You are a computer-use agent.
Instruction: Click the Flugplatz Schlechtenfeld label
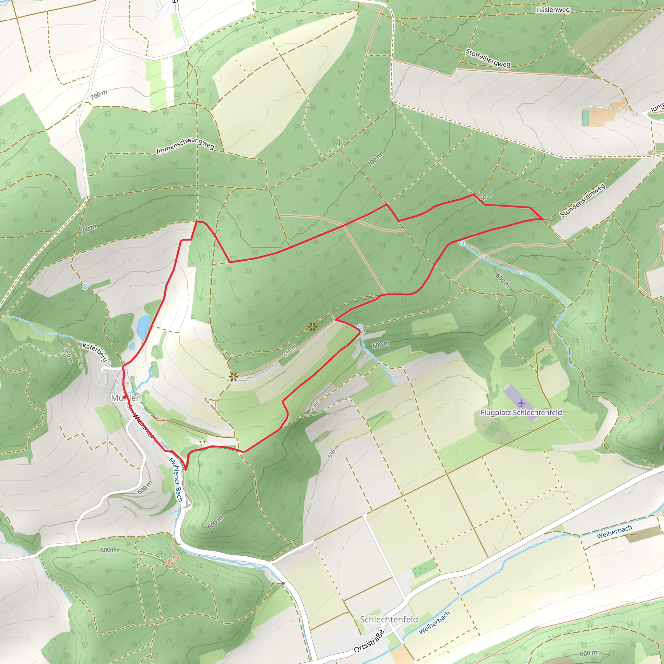click(521, 412)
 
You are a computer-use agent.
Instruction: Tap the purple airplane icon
click(521, 403)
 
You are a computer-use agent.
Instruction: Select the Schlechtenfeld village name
click(389, 619)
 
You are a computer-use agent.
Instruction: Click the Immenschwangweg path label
click(185, 146)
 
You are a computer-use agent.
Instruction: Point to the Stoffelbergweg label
click(488, 58)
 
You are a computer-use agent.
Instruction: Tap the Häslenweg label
click(553, 10)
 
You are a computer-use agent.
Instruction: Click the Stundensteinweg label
click(582, 201)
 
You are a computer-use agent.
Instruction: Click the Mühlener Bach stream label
click(176, 480)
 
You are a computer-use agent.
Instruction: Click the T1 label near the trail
click(202, 443)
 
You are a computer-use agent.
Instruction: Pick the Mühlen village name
click(126, 398)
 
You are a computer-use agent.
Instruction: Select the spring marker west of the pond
click(85, 286)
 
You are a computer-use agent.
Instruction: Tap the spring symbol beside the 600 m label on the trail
click(360, 326)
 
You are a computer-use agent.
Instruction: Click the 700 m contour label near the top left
click(99, 94)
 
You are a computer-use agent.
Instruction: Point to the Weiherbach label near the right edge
click(614, 532)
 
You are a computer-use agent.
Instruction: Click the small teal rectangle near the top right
click(586, 118)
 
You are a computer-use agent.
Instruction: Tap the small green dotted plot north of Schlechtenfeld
click(424, 569)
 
